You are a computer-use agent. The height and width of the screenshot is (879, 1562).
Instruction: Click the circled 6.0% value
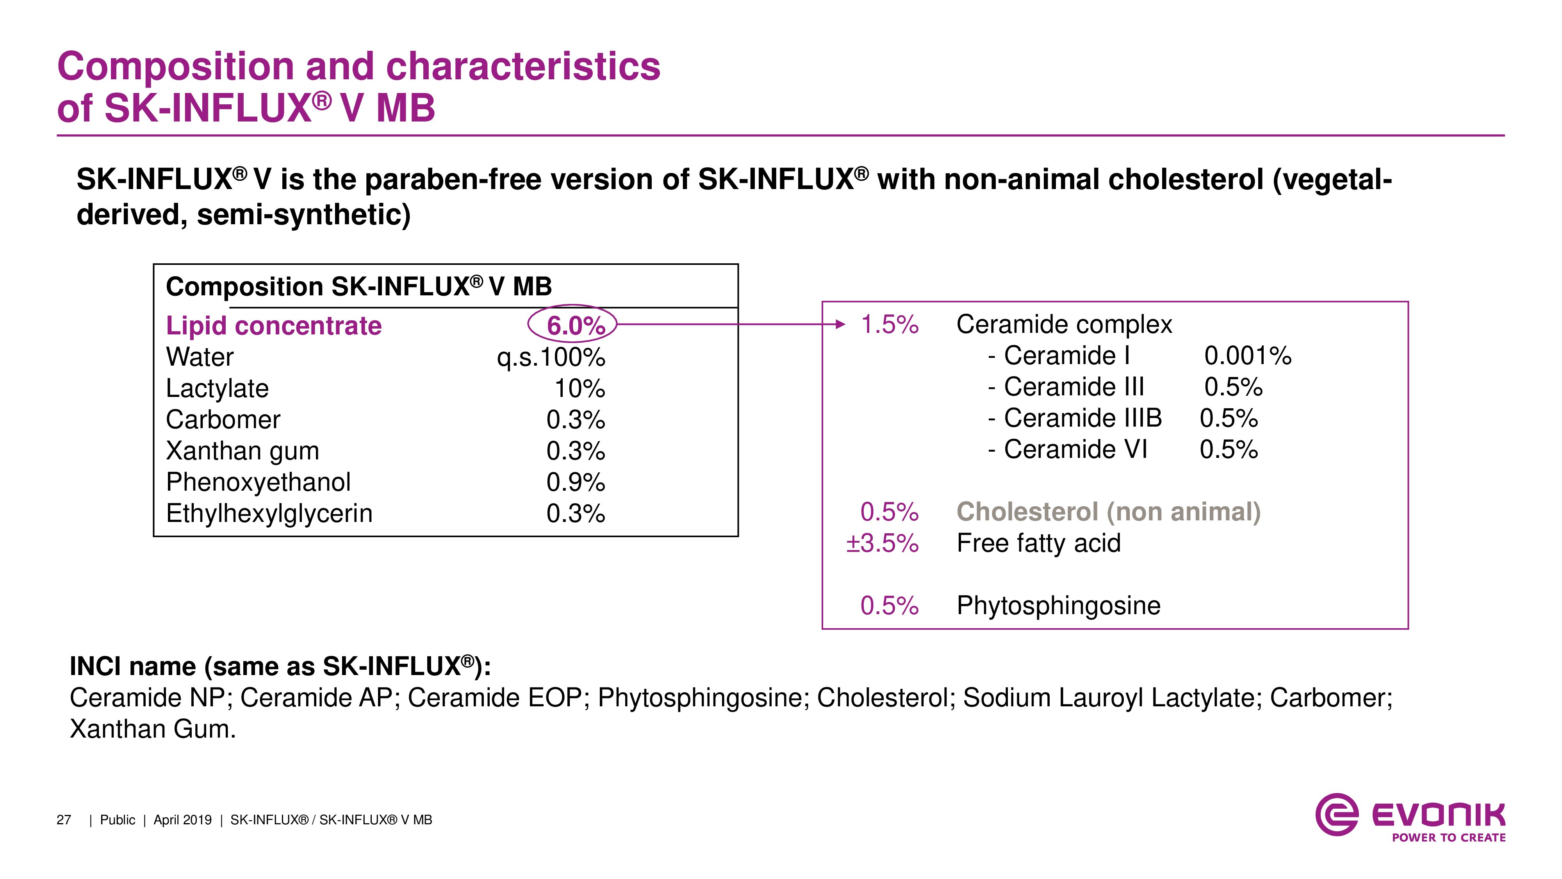[x=575, y=326]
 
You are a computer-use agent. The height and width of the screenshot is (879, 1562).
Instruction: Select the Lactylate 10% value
[x=579, y=388]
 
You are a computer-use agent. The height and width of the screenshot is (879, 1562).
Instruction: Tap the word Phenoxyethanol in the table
[x=258, y=482]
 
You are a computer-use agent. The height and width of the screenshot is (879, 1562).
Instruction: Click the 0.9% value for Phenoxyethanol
[x=575, y=482]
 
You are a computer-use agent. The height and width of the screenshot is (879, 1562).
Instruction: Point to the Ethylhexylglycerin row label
[x=269, y=514]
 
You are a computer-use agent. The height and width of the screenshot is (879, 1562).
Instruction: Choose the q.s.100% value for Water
[x=551, y=357]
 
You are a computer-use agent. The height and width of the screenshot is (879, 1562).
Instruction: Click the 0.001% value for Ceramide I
[x=1247, y=356]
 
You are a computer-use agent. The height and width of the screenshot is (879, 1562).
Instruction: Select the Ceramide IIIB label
[x=1082, y=418]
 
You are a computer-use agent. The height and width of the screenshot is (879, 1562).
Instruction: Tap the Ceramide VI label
[x=1075, y=450]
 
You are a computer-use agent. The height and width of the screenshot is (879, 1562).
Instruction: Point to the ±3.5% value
[x=882, y=543]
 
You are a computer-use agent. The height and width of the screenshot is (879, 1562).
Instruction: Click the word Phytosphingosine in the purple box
[x=1058, y=606]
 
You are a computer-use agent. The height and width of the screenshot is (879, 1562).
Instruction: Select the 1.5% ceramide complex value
[x=890, y=325]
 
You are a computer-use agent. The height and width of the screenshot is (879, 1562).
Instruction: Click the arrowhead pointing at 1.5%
[x=840, y=325]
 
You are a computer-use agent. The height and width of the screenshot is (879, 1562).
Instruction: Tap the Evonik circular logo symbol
[x=1336, y=815]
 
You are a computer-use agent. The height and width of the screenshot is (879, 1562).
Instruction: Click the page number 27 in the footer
[x=64, y=820]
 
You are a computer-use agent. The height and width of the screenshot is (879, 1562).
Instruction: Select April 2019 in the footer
[x=182, y=820]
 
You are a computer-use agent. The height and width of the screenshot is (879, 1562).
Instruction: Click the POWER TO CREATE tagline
[x=1448, y=838]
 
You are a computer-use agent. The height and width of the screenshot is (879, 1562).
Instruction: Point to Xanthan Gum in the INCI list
[x=152, y=729]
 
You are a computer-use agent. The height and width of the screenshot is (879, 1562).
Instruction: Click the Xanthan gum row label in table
[x=242, y=451]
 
